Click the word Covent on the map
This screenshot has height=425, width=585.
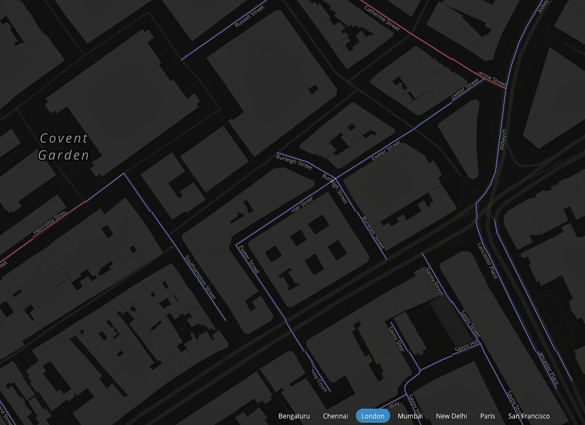(x=64, y=139)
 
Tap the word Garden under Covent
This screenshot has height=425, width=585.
(x=63, y=155)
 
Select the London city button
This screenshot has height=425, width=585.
(x=373, y=416)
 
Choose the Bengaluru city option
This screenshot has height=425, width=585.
(x=294, y=416)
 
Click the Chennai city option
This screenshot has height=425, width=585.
(x=335, y=416)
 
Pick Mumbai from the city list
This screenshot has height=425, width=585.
(x=410, y=416)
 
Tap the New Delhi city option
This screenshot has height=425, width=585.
(x=451, y=416)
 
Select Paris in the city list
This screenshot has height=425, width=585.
(x=487, y=416)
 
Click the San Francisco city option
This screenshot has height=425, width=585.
(x=529, y=416)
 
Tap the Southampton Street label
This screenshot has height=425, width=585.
(x=201, y=277)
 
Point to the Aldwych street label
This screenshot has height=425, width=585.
(x=503, y=139)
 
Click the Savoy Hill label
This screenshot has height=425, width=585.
(x=466, y=347)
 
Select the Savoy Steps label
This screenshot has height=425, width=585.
(x=397, y=338)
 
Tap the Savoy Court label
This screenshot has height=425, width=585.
(x=320, y=380)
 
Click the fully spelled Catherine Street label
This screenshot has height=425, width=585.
(x=382, y=18)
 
